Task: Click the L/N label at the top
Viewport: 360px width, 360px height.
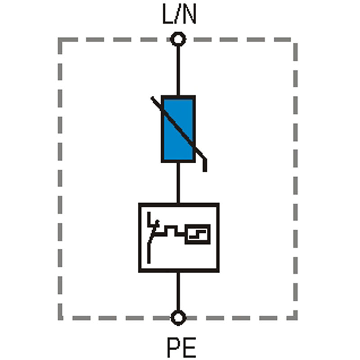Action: pyautogui.click(x=179, y=14)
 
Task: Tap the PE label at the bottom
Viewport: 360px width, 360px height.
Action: pyautogui.click(x=181, y=347)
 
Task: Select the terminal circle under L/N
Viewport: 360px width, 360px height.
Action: pyautogui.click(x=178, y=39)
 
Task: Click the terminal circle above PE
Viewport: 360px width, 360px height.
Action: pyautogui.click(x=178, y=318)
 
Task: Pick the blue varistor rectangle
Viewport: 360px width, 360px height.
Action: pyautogui.click(x=178, y=129)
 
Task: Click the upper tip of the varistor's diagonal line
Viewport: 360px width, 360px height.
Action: pyautogui.click(x=152, y=98)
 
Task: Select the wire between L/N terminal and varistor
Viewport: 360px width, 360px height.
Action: pyautogui.click(x=178, y=71)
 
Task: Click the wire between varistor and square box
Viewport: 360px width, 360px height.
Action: pyautogui.click(x=178, y=183)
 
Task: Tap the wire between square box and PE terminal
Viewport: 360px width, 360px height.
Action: pyautogui.click(x=178, y=291)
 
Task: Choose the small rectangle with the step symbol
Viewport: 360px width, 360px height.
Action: pyautogui.click(x=198, y=234)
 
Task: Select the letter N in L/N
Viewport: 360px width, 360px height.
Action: pyautogui.click(x=189, y=14)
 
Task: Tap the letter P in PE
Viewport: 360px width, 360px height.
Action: pyautogui.click(x=174, y=347)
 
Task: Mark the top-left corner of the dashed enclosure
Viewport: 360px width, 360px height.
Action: pyautogui.click(x=60, y=40)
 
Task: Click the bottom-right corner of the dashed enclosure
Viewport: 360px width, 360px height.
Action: pyautogui.click(x=296, y=318)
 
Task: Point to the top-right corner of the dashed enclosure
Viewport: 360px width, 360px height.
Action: pyautogui.click(x=296, y=40)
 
